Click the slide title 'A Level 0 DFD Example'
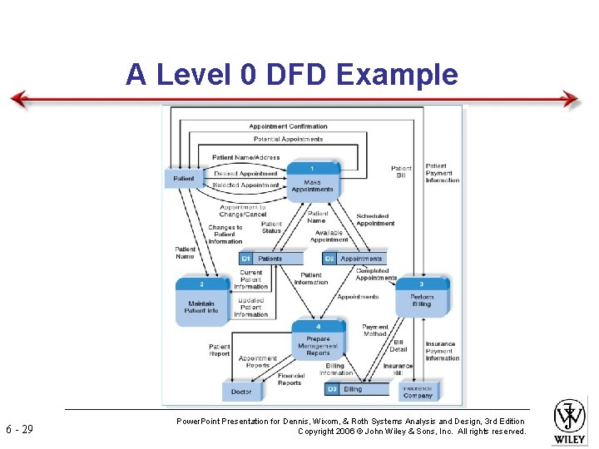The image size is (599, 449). point(291,75)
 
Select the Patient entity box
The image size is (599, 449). point(184,178)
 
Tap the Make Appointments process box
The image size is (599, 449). point(312,183)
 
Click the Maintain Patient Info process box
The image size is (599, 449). point(201,300)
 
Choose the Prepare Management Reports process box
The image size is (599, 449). point(317,343)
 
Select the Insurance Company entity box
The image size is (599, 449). point(417,391)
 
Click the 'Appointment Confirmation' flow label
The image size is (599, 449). point(288,126)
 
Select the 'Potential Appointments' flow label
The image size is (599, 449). point(288,139)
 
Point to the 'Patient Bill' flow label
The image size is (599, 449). point(401,171)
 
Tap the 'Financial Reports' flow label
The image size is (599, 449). point(290,379)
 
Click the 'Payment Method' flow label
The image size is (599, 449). point(375,331)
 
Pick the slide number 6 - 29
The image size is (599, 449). point(19,429)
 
